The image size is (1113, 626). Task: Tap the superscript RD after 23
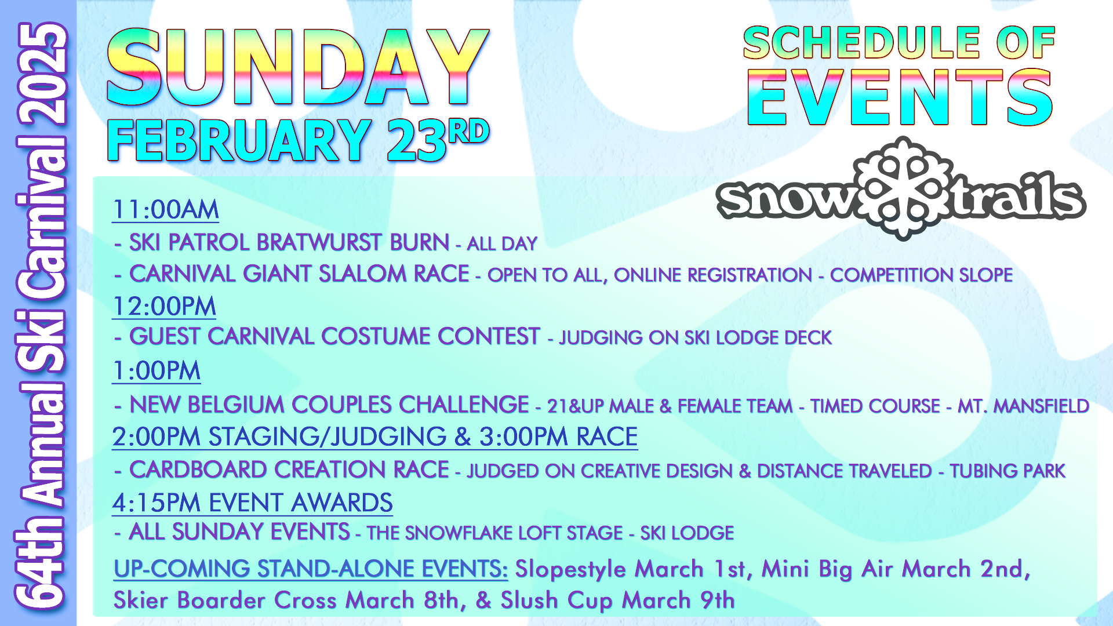(x=469, y=131)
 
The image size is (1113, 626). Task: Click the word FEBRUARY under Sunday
(x=239, y=141)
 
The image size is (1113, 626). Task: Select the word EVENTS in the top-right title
(x=900, y=97)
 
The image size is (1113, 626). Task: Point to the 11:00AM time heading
(x=166, y=210)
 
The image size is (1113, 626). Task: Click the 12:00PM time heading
(x=164, y=306)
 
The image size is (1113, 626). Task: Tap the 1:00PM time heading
(x=157, y=371)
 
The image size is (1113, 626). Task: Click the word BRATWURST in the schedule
(x=319, y=242)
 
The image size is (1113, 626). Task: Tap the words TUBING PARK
(x=1007, y=471)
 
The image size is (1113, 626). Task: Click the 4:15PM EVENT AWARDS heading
(x=253, y=503)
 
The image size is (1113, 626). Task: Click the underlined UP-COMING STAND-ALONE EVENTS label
(x=311, y=569)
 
